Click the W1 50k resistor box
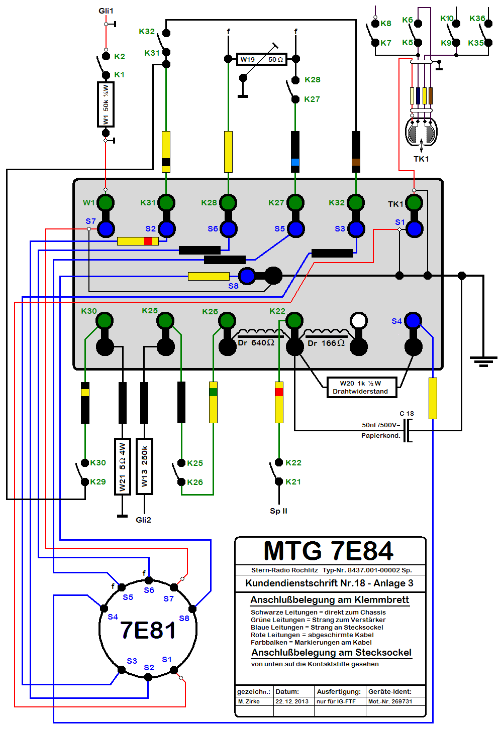(x=106, y=104)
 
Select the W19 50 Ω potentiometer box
(x=261, y=59)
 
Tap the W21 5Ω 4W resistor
(x=122, y=466)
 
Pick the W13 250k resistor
(x=144, y=466)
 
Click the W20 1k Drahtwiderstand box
(x=361, y=387)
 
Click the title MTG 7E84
(x=328, y=551)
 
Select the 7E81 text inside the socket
(x=148, y=631)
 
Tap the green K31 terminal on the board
(x=166, y=203)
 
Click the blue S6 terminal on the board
(x=228, y=229)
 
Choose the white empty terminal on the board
(x=359, y=320)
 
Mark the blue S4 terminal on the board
(x=413, y=320)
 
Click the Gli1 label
(x=106, y=11)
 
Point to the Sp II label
(x=278, y=511)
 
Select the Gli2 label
(x=143, y=520)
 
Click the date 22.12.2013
(x=292, y=701)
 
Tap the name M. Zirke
(x=249, y=701)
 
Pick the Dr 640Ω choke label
(x=256, y=343)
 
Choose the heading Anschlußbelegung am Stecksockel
(x=331, y=652)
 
